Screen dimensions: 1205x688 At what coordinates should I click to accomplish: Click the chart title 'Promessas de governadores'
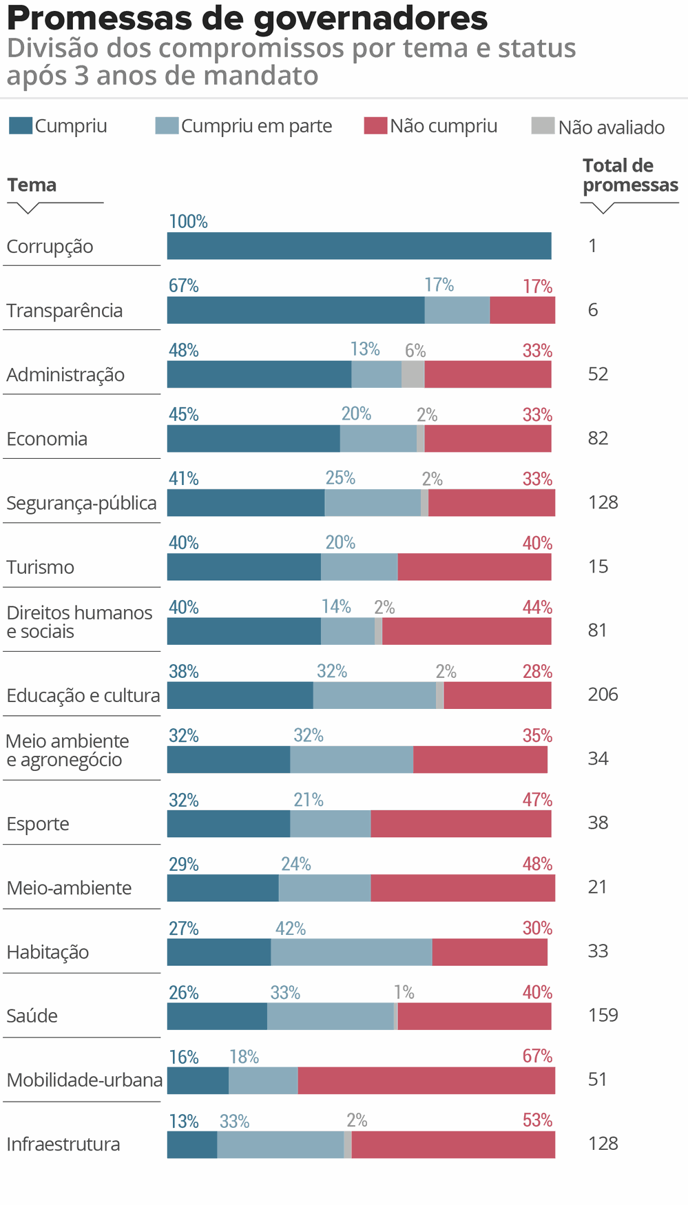pyautogui.click(x=247, y=18)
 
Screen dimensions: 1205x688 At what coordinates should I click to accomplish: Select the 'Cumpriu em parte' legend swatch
pyautogui.click(x=167, y=125)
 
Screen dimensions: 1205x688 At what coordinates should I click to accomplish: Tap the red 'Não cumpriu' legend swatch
pyautogui.click(x=375, y=125)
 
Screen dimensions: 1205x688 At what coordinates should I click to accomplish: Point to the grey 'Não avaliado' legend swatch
pyautogui.click(x=543, y=126)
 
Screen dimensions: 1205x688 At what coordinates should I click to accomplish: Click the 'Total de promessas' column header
pyautogui.click(x=629, y=175)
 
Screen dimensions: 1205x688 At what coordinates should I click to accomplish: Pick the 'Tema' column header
pyautogui.click(x=32, y=185)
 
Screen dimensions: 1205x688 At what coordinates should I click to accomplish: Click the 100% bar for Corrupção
pyautogui.click(x=359, y=246)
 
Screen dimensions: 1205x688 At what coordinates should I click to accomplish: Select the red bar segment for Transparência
pyautogui.click(x=522, y=310)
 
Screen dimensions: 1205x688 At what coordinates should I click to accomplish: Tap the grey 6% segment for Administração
pyautogui.click(x=413, y=374)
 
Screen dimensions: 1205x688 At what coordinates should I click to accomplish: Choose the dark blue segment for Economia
pyautogui.click(x=253, y=438)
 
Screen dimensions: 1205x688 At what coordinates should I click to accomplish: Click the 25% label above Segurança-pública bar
pyautogui.click(x=340, y=478)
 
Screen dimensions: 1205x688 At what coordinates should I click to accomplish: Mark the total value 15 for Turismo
pyautogui.click(x=598, y=566)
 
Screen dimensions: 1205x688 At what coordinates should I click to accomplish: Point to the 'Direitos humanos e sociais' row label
pyautogui.click(x=79, y=622)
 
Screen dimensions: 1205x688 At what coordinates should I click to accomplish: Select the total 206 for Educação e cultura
pyautogui.click(x=603, y=694)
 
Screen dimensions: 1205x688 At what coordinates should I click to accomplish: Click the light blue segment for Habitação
pyautogui.click(x=351, y=952)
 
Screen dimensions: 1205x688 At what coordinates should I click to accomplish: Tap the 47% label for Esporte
pyautogui.click(x=537, y=800)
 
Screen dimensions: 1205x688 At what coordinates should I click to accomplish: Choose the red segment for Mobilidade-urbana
pyautogui.click(x=426, y=1080)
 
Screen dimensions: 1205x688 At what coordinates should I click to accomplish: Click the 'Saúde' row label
pyautogui.click(x=32, y=1016)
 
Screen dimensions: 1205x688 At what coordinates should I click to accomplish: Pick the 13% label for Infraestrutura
pyautogui.click(x=184, y=1122)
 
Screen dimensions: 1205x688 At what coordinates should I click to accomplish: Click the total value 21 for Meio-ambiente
pyautogui.click(x=597, y=887)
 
